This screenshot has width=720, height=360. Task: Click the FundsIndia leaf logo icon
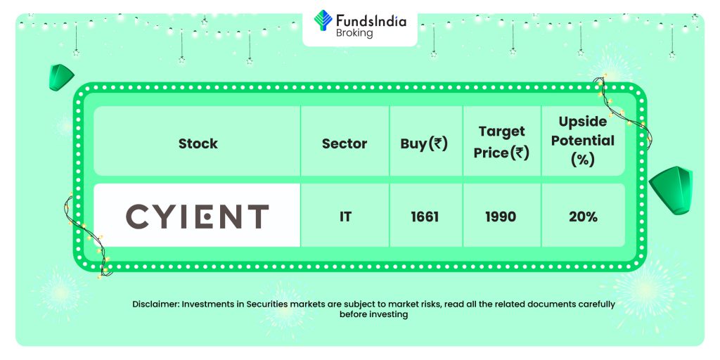pos(323,20)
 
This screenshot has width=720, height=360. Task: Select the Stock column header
pos(198,143)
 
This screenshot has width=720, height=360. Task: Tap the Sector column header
pos(345,143)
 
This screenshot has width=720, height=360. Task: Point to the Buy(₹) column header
pos(424,144)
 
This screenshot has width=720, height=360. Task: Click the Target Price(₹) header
pos(501,142)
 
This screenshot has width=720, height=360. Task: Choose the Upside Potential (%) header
pos(583,141)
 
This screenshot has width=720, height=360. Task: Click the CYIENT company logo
pos(197,217)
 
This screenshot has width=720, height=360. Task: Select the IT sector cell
pos(345,217)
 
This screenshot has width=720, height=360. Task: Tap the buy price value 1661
pos(425,217)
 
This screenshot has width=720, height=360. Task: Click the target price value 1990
pos(501,217)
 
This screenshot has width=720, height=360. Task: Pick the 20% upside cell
pos(583,217)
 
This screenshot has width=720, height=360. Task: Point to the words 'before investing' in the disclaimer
pos(373,314)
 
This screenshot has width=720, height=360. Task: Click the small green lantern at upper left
pos(61,77)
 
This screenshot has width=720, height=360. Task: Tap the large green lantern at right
pos(671,190)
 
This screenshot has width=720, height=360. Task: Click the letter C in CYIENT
pos(137,217)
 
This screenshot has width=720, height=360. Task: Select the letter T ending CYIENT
pos(257,217)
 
